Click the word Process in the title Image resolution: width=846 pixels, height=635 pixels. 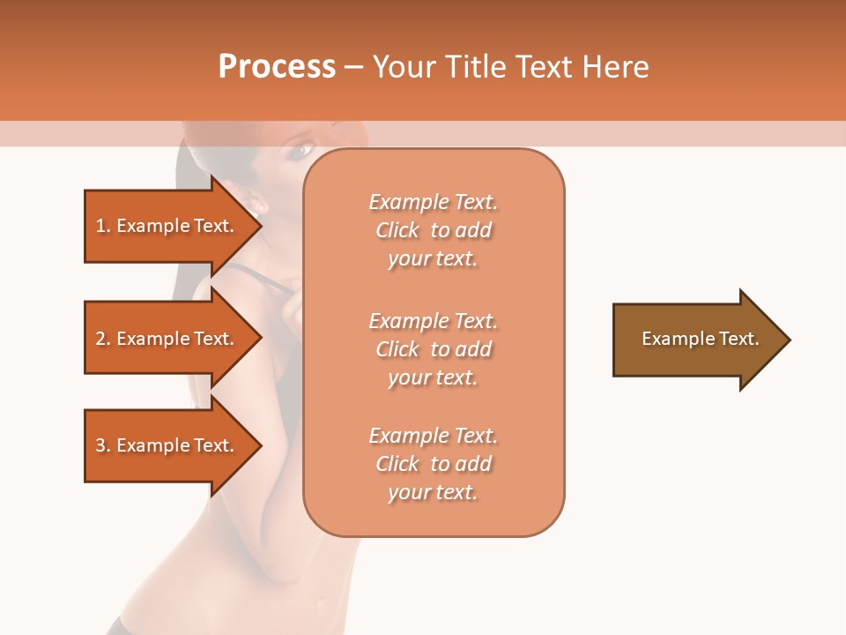tap(277, 67)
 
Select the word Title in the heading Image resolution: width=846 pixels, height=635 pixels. tap(475, 67)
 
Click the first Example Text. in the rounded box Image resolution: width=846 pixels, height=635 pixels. tap(433, 202)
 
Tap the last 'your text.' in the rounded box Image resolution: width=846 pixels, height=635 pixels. tap(433, 492)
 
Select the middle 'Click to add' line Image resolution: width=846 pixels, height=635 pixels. tap(433, 349)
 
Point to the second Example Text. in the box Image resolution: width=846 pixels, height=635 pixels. tap(433, 320)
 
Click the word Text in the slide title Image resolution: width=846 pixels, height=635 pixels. tap(544, 67)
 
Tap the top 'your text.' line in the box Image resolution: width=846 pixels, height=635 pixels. tap(433, 259)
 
